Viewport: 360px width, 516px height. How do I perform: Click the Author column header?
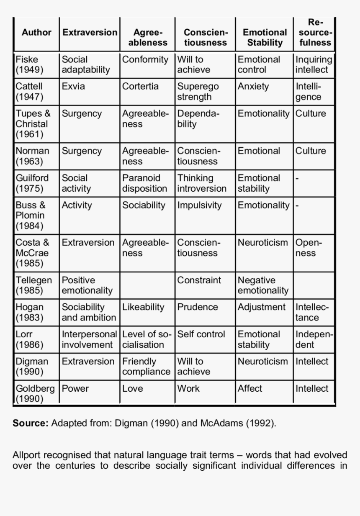click(x=36, y=33)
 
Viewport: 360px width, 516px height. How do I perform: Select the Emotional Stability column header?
click(x=265, y=37)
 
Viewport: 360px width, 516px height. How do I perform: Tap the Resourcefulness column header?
click(x=315, y=32)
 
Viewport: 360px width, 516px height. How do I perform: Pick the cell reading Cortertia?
click(x=140, y=87)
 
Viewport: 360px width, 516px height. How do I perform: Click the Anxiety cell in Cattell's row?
click(x=253, y=87)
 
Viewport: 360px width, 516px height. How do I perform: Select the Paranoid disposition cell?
click(x=144, y=183)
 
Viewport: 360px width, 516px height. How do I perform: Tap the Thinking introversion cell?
click(x=202, y=183)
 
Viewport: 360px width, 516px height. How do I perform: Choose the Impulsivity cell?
click(x=199, y=205)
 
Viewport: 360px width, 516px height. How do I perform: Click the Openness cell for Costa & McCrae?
click(x=309, y=248)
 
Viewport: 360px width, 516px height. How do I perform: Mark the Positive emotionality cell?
click(x=87, y=285)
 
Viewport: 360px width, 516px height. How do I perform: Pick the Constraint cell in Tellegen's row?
click(x=199, y=280)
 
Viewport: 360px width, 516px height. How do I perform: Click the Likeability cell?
click(x=143, y=307)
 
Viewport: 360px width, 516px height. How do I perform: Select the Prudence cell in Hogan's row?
click(x=198, y=307)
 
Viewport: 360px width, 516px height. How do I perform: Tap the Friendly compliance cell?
click(x=146, y=366)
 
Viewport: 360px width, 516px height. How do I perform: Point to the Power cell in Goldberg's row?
click(x=75, y=388)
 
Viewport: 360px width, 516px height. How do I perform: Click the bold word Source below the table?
click(x=31, y=423)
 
